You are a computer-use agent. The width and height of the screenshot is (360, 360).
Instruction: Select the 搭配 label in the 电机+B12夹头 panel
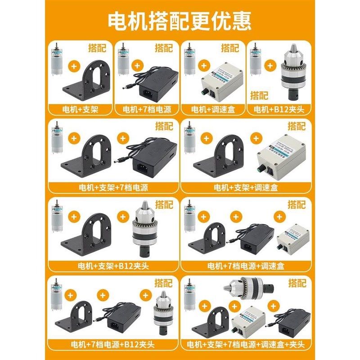click(259, 95)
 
